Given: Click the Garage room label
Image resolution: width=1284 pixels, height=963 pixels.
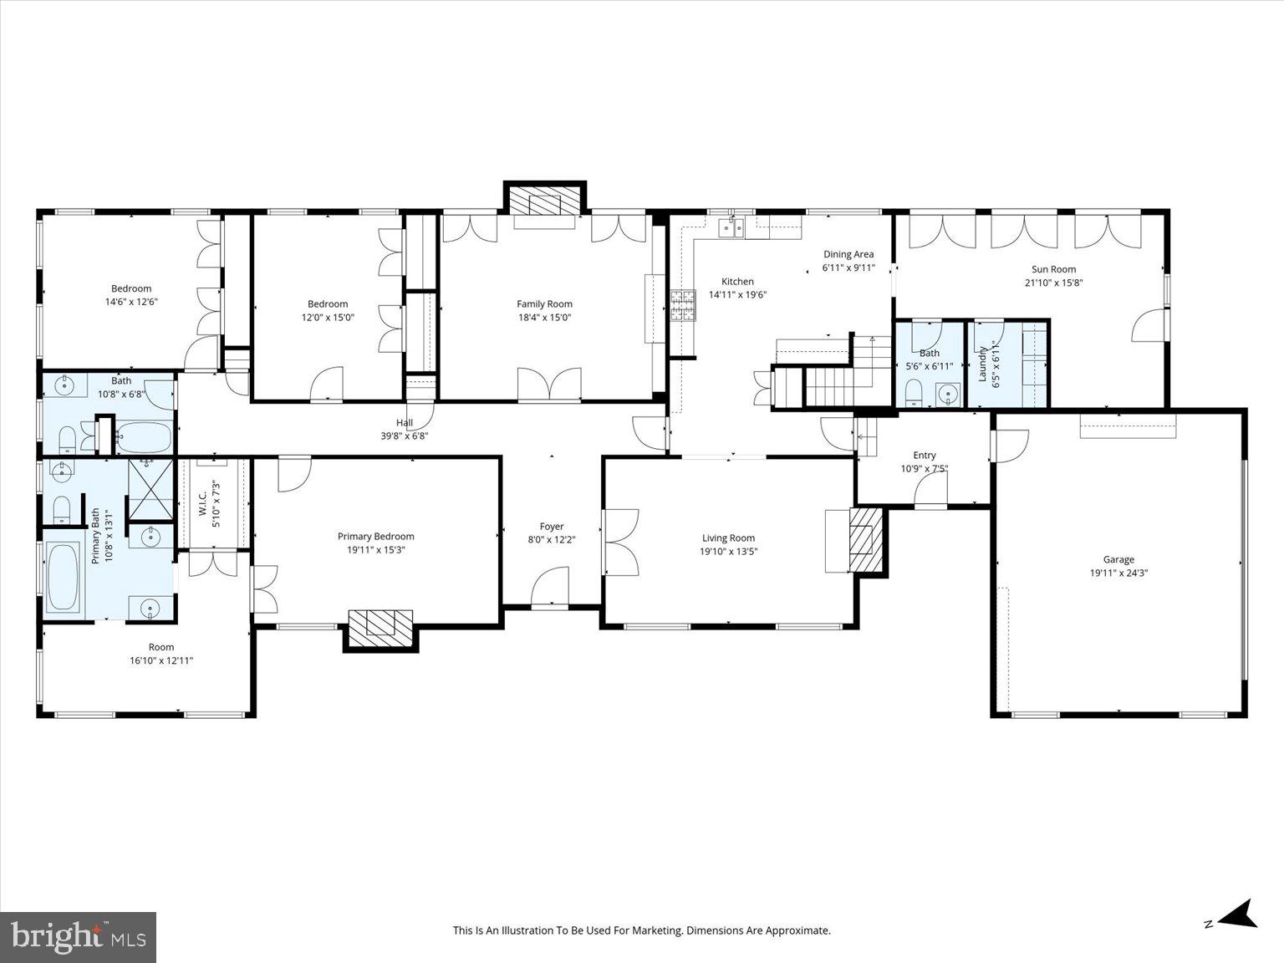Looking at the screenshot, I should [1118, 560].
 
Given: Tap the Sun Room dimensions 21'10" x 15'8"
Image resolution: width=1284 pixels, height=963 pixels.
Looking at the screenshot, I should [1053, 283].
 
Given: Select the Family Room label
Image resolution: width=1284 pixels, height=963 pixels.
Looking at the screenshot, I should [544, 304].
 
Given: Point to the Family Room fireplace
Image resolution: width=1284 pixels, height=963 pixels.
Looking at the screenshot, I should [544, 202].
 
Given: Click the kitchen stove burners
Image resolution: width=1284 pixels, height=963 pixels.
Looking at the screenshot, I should [682, 305].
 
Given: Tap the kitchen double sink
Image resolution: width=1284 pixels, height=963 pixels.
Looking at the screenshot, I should [733, 227].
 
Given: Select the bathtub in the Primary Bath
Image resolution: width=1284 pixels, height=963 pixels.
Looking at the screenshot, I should [63, 578].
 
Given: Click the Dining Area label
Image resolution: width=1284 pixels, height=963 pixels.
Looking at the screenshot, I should [848, 254].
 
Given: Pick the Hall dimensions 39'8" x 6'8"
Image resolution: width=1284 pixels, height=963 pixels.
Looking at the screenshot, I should [405, 436].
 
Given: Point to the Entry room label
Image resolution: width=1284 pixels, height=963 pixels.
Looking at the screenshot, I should [924, 456].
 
